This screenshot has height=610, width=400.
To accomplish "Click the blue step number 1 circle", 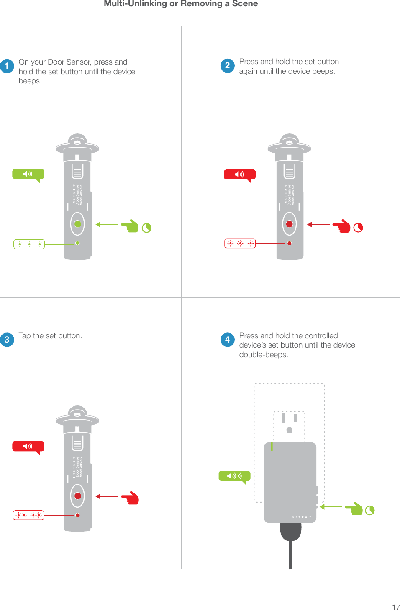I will [x=7, y=66].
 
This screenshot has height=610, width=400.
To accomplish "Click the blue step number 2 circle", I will [x=227, y=65].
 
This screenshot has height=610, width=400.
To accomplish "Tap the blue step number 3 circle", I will [x=7, y=340].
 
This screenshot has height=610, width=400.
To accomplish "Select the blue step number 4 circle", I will [x=227, y=340].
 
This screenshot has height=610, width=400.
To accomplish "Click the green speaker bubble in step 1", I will [x=28, y=174].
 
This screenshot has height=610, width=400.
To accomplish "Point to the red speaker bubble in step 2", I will [x=239, y=174].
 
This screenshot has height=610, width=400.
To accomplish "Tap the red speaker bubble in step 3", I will [x=28, y=446].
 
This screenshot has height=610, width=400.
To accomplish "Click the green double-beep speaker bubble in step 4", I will [x=234, y=476].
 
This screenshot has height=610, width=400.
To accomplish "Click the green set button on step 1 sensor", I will [x=77, y=224].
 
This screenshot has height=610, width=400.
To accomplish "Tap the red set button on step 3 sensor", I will [x=77, y=496].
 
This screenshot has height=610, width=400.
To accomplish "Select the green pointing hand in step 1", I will [x=131, y=226].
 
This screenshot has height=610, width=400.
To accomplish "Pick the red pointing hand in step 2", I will [x=343, y=226].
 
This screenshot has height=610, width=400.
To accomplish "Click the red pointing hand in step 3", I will [x=131, y=498].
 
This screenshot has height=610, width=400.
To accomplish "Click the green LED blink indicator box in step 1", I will [x=29, y=244].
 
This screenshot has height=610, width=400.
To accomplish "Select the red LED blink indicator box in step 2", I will [x=240, y=243].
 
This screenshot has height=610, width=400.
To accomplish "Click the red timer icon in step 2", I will [x=358, y=228].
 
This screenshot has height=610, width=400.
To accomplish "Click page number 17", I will [x=396, y=607].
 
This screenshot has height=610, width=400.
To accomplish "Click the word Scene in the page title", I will [x=245, y=4].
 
